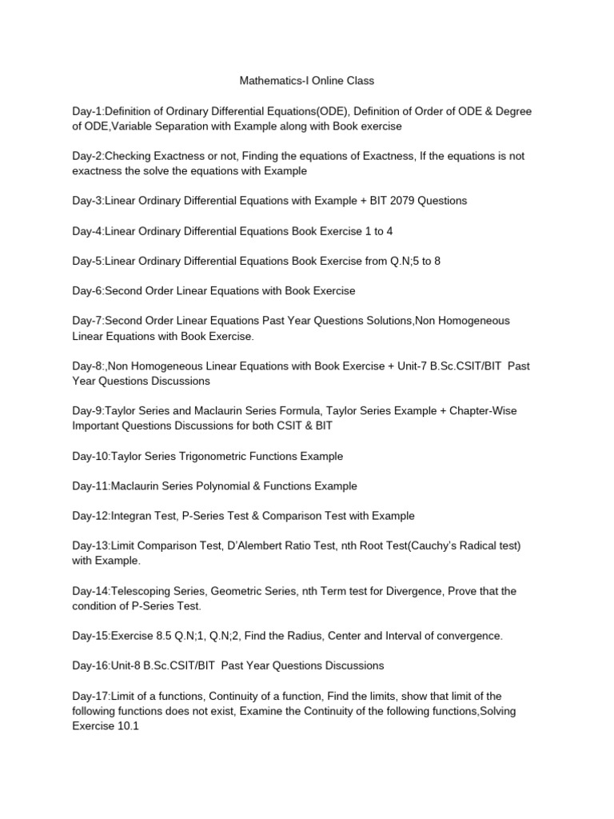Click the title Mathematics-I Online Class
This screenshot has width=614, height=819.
(307, 81)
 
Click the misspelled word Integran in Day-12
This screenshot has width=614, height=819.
(134, 516)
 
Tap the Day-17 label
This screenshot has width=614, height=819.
(90, 696)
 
